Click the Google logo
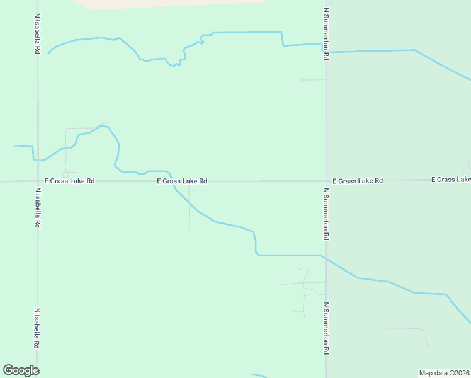click(x=21, y=370)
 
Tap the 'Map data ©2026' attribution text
click(x=445, y=373)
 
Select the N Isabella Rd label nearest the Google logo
click(x=38, y=329)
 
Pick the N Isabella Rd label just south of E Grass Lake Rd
click(x=38, y=207)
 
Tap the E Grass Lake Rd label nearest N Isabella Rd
click(x=69, y=181)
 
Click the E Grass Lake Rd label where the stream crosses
click(x=182, y=181)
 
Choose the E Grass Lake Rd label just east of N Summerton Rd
click(x=358, y=181)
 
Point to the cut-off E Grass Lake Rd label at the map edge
click(x=451, y=180)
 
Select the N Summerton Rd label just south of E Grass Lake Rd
click(x=326, y=214)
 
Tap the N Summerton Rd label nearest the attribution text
click(x=326, y=329)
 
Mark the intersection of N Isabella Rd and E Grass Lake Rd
click(x=38, y=181)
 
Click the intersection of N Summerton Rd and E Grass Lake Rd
click(x=326, y=181)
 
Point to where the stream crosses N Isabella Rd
click(x=38, y=160)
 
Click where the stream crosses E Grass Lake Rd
click(x=173, y=181)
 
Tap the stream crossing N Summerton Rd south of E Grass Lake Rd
click(x=326, y=258)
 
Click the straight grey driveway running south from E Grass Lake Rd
click(x=190, y=208)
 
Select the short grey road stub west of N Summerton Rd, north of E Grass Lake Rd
click(x=312, y=80)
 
